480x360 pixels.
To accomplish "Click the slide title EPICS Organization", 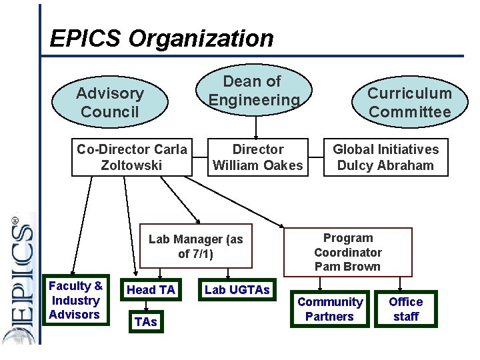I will [x=161, y=38].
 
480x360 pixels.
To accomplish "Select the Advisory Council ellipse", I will [x=109, y=103].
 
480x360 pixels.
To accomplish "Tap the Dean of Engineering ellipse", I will [x=253, y=91].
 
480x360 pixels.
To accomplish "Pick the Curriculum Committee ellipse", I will [x=409, y=103].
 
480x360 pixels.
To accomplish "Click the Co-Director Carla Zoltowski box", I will [x=132, y=157].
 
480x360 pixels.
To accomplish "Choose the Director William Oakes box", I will [x=257, y=157].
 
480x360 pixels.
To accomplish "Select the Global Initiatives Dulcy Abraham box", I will [x=386, y=157].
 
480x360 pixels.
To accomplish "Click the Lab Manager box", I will [x=196, y=246].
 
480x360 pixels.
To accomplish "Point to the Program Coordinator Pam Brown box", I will [x=347, y=252].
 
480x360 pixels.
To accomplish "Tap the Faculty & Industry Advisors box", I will [x=75, y=300].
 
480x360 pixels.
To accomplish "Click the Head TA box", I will [x=151, y=289].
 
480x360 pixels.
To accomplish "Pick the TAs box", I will [x=145, y=321].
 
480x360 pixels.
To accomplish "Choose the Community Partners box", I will [x=330, y=309].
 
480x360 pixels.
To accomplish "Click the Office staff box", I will [x=406, y=309].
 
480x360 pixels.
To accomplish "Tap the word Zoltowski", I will [x=131, y=165].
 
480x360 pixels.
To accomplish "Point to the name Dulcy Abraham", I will [x=385, y=165].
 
